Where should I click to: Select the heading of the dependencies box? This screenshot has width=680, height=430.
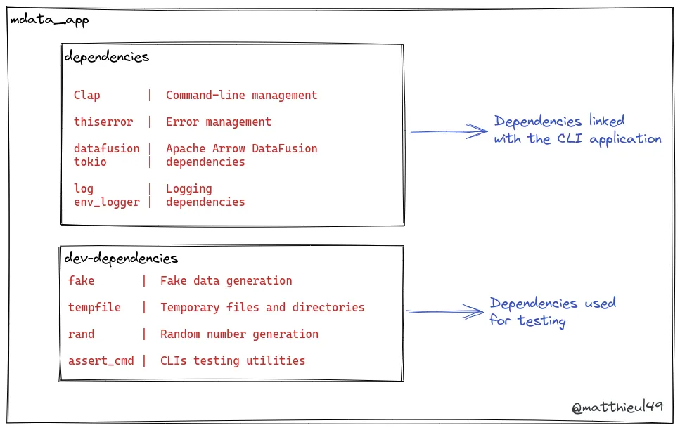[107, 57]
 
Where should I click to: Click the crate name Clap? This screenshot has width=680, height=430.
[86, 96]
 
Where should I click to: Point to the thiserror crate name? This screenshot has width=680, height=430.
[103, 122]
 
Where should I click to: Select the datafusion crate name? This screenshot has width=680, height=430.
[106, 149]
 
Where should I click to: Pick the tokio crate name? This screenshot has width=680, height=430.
[90, 162]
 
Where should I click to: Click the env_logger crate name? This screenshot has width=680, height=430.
[106, 202]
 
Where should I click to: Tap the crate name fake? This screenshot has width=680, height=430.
[81, 281]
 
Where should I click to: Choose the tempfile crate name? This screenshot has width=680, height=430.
[94, 308]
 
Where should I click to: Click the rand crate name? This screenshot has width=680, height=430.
[81, 334]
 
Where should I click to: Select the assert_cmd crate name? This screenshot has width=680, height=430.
[101, 361]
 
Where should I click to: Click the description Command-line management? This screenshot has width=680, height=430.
[241, 96]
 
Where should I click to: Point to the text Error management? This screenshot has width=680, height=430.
[218, 122]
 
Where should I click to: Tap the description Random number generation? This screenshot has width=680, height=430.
[239, 334]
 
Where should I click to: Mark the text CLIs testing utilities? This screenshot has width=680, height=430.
[233, 361]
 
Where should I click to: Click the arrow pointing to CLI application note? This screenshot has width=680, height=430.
[447, 131]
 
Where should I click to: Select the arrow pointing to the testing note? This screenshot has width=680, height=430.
[445, 311]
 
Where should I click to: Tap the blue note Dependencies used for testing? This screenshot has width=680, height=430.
[552, 312]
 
